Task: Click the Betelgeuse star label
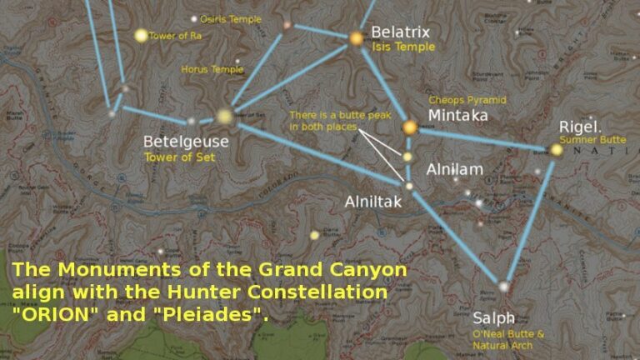[185, 142]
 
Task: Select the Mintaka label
[457, 116]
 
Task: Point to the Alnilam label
[454, 169]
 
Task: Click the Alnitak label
[373, 201]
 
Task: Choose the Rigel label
[579, 127]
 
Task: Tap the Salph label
[493, 318]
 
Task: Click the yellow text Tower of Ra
[175, 36]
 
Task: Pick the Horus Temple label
[212, 70]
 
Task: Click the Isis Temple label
[403, 47]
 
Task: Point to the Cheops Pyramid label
[467, 100]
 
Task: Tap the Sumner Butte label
[592, 140]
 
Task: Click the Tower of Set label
[173, 157]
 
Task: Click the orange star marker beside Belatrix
[356, 37]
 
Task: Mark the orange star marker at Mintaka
[409, 127]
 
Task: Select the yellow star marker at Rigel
[556, 150]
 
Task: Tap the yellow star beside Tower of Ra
[141, 35]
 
